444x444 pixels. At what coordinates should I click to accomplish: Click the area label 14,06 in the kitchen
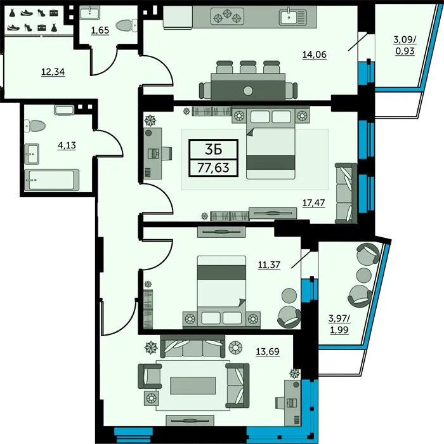coord(315,54)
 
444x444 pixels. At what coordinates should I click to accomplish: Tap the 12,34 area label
coord(53,72)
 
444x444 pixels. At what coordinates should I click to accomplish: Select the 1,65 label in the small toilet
coord(100,30)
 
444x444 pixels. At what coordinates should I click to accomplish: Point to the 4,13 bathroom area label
coord(67,145)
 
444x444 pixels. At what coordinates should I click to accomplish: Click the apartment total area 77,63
coord(213,167)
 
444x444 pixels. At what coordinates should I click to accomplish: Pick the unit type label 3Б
coord(213,150)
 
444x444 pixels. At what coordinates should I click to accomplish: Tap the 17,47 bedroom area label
coord(313,203)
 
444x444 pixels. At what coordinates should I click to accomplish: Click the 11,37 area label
coord(269,264)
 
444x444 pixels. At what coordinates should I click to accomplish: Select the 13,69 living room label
coord(268,351)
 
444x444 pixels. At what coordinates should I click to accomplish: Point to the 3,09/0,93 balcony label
coord(405,45)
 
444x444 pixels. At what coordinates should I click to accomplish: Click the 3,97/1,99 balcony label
coord(339,324)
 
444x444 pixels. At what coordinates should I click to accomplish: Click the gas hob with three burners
coord(227,16)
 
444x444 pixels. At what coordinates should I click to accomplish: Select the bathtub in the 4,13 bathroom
coord(51,180)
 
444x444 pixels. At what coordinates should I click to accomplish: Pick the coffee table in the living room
coord(193,386)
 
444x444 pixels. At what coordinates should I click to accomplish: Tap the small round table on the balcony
coord(364,275)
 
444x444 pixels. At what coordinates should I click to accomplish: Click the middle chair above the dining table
coord(248,67)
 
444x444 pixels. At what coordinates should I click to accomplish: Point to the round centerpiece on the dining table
coord(248,91)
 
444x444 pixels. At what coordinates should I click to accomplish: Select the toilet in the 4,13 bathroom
coord(35,126)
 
